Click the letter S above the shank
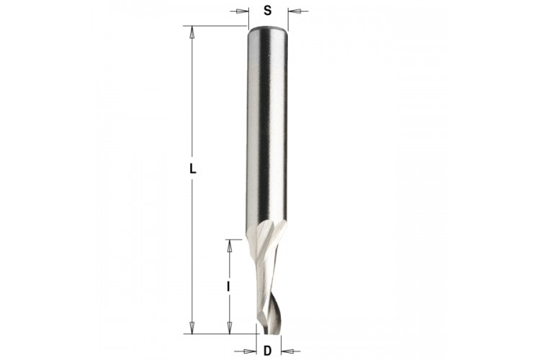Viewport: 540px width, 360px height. [268, 11]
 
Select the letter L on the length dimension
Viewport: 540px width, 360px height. [193, 169]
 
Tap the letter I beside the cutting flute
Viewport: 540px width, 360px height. [228, 287]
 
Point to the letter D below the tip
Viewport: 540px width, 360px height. [268, 351]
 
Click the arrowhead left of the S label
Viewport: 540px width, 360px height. [242, 11]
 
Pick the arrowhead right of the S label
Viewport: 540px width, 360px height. [294, 11]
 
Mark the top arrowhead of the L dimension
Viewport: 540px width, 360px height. [192, 32]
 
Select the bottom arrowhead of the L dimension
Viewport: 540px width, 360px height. [192, 328]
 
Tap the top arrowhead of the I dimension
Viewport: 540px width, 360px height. [229, 246]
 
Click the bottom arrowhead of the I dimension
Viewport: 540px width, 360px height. [230, 328]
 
